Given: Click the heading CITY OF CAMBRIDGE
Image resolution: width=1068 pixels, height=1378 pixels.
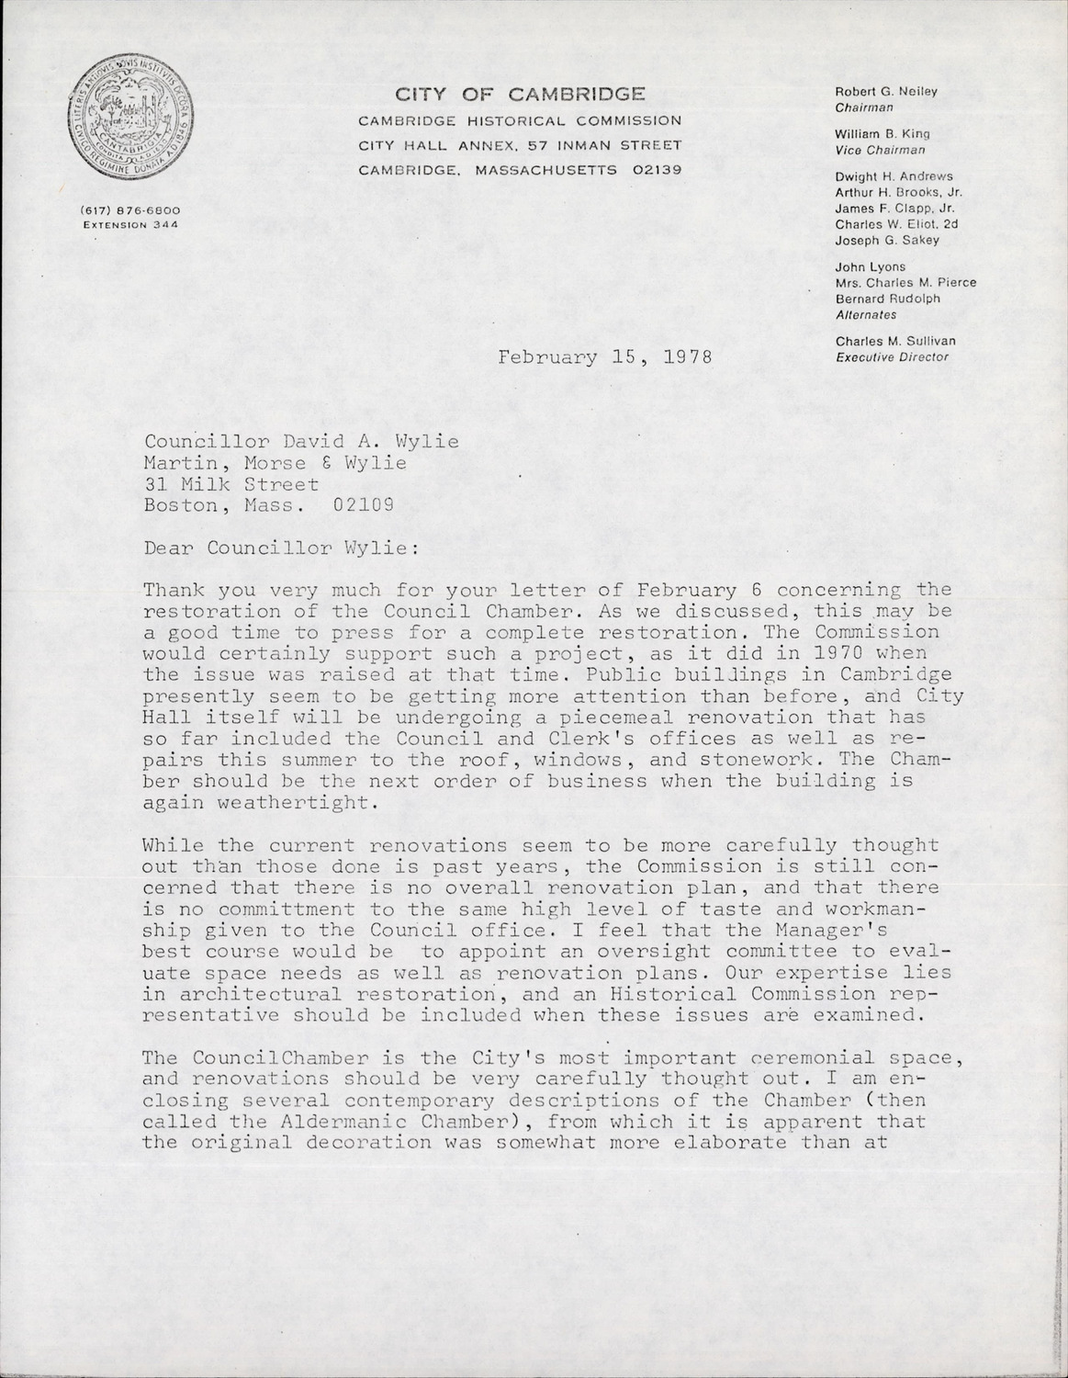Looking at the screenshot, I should point(520,94).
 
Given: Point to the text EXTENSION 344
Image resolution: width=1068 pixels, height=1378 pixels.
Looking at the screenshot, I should point(129,223).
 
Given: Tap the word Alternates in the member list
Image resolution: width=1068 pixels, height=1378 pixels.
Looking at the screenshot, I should point(866,314).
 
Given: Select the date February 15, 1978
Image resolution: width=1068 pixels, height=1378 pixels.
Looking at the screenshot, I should point(605,357).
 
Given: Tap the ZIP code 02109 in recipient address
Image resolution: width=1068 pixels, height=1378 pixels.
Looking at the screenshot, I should point(365,504).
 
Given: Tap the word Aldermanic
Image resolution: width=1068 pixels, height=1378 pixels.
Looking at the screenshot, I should point(328,1122).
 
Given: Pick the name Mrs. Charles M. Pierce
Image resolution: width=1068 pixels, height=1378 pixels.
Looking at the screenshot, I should point(905,283).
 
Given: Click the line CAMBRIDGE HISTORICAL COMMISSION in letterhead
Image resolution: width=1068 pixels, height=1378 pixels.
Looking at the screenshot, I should point(520,120).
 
